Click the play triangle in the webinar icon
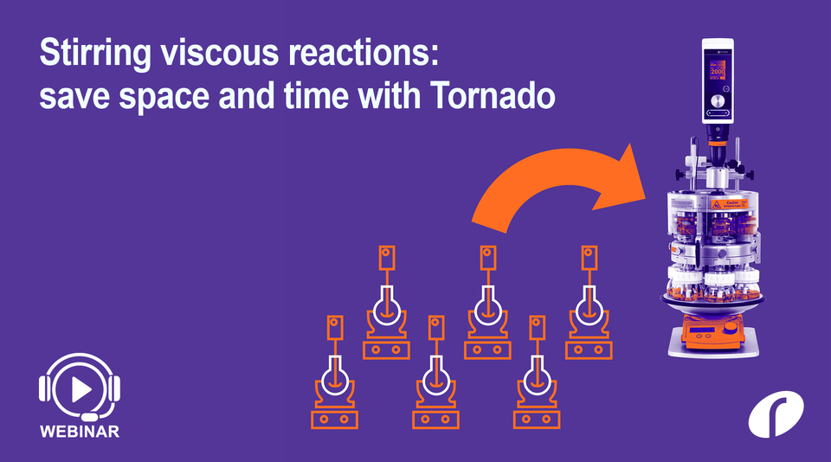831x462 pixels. coord(81,390)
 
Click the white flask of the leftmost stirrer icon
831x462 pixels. coord(334,378)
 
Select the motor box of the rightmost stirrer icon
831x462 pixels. coord(589,258)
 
